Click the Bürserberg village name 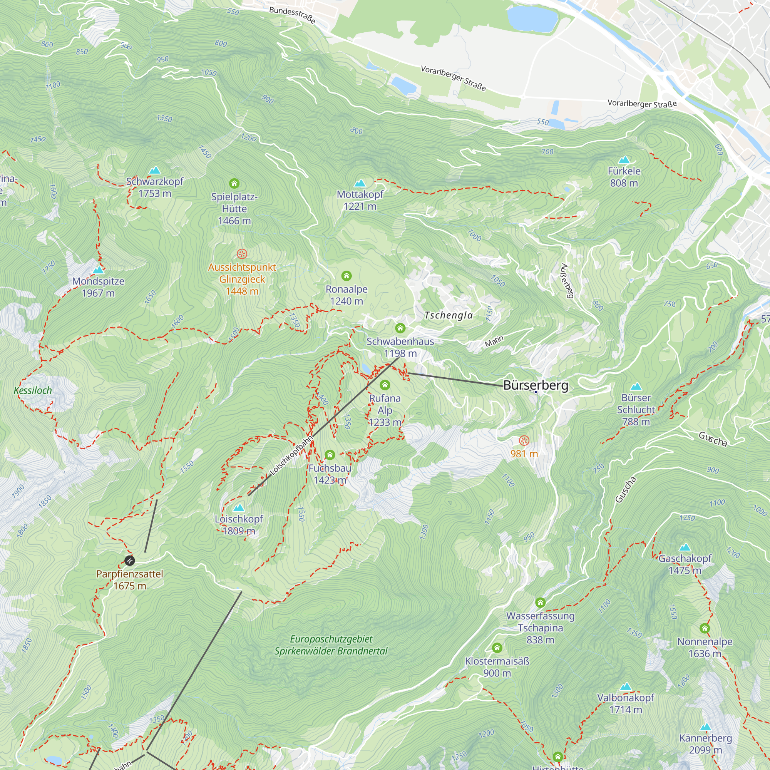[535, 385]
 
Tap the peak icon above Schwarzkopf [155, 171]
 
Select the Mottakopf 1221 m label [360, 200]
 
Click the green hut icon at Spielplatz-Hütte [234, 183]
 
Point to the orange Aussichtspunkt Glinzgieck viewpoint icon [242, 254]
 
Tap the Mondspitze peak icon [99, 270]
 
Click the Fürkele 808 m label [624, 177]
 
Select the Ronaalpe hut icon [346, 276]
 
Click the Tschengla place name [449, 315]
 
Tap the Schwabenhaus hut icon [400, 328]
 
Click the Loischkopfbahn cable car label [291, 455]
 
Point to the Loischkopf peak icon [239, 508]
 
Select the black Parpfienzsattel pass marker [129, 561]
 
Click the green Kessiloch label [33, 390]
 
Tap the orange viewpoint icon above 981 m [524, 440]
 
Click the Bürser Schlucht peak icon [636, 387]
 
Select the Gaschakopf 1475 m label [685, 564]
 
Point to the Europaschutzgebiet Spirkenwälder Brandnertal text [331, 645]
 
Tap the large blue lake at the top [532, 18]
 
